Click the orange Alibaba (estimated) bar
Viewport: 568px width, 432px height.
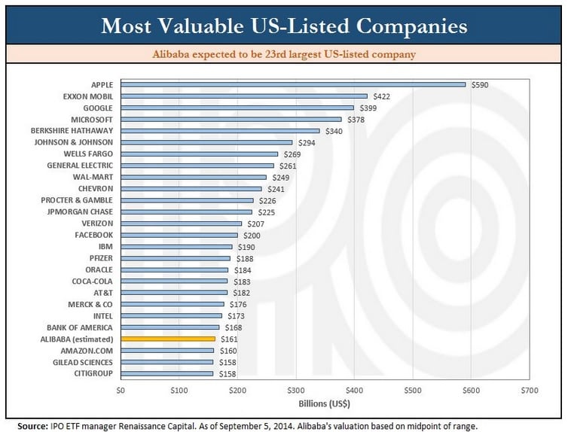tap(168, 339)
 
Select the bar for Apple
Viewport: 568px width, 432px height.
tap(293, 84)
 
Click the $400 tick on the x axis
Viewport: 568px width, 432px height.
tap(353, 390)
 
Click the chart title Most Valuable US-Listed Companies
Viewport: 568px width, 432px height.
tap(284, 26)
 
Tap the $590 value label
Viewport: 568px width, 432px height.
tap(480, 85)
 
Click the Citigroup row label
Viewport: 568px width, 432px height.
tap(93, 373)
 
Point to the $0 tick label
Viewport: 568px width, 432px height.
tap(121, 390)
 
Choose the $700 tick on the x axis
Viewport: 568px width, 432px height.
tap(529, 390)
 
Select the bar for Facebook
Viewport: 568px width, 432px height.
tap(179, 235)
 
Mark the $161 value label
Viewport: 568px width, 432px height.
tap(228, 339)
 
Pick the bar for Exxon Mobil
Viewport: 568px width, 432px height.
tap(244, 96)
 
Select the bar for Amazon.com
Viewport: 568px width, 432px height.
tap(167, 351)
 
